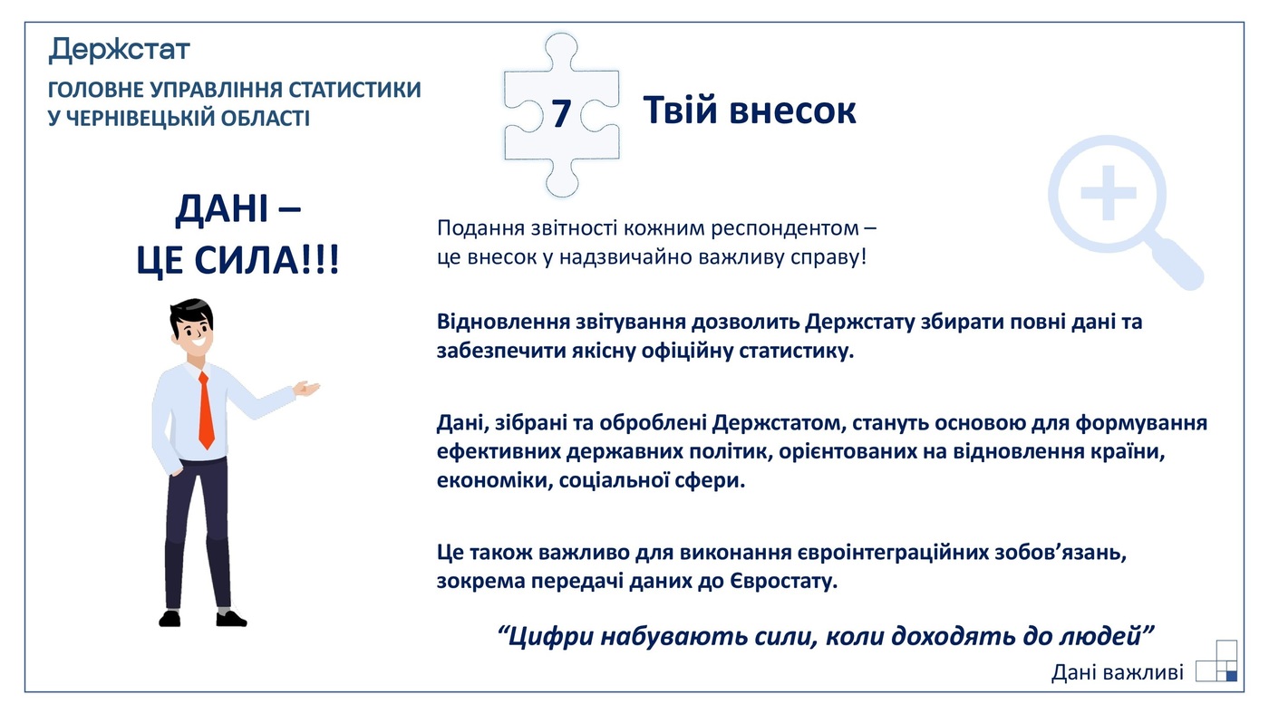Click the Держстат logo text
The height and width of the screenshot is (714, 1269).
(x=119, y=49)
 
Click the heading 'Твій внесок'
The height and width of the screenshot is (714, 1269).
(x=749, y=111)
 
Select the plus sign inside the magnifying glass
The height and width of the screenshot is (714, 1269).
(x=1108, y=192)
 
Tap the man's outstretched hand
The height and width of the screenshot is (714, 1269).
(x=307, y=389)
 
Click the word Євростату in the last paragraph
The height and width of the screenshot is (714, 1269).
(x=782, y=581)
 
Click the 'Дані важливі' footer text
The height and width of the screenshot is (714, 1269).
(x=1117, y=672)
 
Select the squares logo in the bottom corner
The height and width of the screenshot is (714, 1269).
(x=1216, y=661)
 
